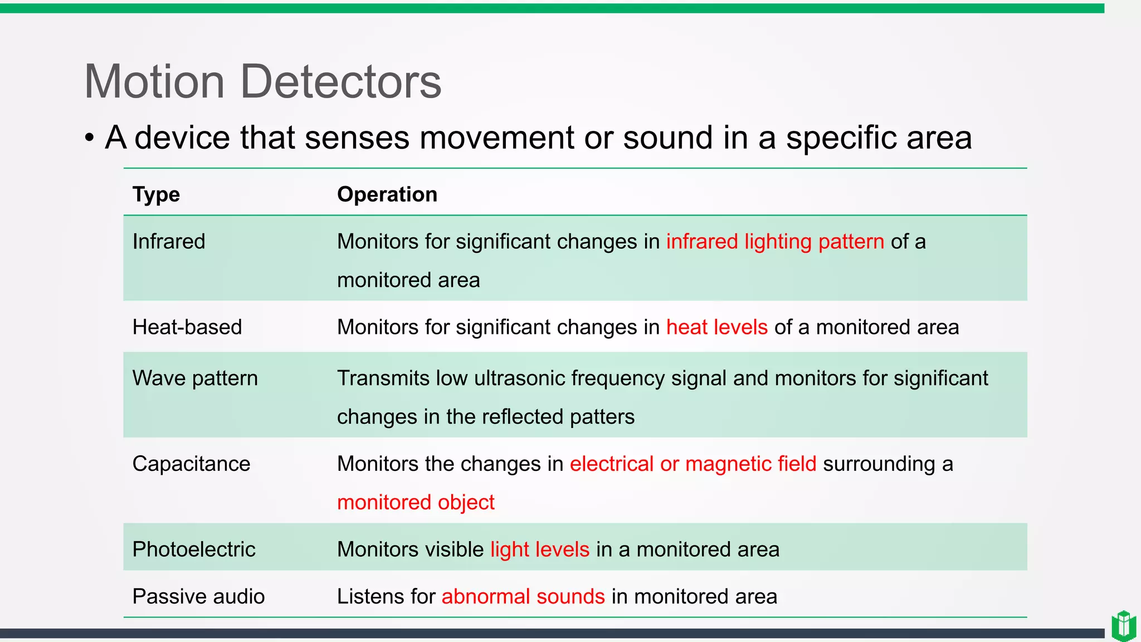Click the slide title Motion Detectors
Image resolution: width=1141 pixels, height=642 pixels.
262,81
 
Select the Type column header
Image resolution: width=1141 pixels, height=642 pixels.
156,194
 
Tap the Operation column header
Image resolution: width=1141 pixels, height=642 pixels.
387,194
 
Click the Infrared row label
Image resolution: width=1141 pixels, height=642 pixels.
169,241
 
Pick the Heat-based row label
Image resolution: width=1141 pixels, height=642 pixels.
187,327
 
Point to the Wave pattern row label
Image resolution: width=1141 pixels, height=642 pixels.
195,378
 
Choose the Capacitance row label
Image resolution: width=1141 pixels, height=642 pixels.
191,464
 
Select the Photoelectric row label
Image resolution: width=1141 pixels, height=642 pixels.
194,549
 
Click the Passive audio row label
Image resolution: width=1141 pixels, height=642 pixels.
198,596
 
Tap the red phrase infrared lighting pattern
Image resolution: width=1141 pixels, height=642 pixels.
775,242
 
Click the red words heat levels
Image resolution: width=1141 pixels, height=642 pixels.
717,327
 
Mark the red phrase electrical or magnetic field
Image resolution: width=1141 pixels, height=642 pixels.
693,464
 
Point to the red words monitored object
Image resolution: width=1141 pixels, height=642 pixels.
416,503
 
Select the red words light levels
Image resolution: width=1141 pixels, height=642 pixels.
540,549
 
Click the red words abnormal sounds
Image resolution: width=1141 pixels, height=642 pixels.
523,596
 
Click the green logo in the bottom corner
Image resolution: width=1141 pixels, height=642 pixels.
1124,626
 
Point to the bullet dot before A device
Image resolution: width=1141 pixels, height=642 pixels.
90,138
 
